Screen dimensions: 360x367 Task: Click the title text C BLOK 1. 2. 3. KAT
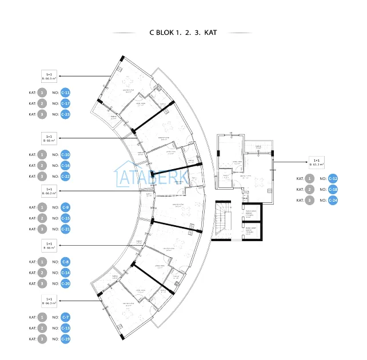(x=183, y=33)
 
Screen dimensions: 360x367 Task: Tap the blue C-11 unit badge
(x=65, y=93)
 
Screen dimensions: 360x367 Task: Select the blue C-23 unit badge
(x=65, y=114)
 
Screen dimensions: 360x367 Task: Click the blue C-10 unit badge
(x=65, y=155)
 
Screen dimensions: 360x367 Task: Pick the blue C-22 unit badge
(x=65, y=177)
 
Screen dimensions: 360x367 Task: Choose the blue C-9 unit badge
(x=65, y=207)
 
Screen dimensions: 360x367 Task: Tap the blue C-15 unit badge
(x=65, y=218)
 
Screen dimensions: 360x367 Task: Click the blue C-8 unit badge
(x=65, y=262)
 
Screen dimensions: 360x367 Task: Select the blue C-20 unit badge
(x=65, y=283)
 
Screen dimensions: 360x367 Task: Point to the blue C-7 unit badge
(x=65, y=317)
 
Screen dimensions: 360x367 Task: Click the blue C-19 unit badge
(x=65, y=339)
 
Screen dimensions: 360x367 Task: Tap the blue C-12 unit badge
(x=333, y=179)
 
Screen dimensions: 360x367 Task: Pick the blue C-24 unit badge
(x=333, y=201)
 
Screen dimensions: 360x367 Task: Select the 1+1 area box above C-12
(x=316, y=162)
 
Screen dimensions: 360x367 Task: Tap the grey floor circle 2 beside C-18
(x=309, y=190)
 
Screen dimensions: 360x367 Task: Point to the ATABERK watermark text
(x=153, y=175)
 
